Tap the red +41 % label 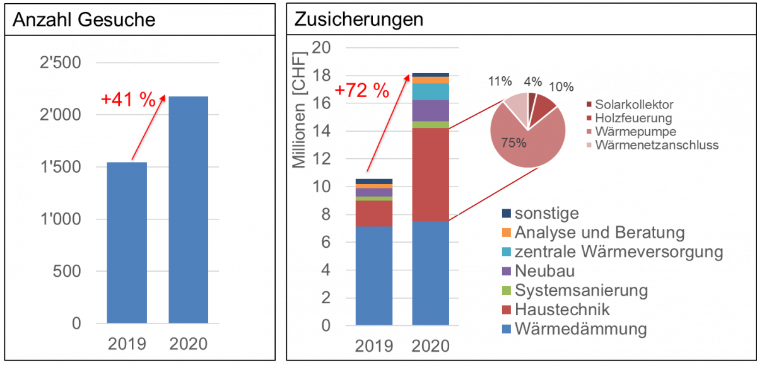click(x=128, y=100)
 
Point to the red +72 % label click(x=362, y=90)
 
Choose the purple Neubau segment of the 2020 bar click(x=430, y=110)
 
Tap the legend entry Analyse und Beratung click(x=599, y=233)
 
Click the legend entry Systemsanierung click(x=580, y=291)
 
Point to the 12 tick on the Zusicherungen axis click(x=322, y=158)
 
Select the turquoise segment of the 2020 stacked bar click(x=430, y=92)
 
